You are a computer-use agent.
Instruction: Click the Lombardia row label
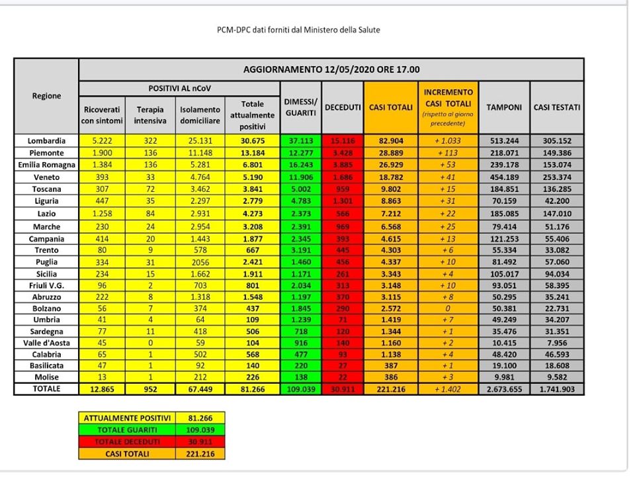[46, 141]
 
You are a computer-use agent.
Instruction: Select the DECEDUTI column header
[342, 107]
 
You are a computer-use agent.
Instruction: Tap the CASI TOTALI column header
[390, 107]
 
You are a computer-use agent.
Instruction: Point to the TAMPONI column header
[504, 107]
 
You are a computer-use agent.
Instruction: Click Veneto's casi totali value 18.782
[390, 177]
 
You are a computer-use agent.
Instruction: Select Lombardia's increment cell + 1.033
[446, 141]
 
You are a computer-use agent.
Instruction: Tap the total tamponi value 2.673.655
[504, 389]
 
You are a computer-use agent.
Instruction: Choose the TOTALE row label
[46, 389]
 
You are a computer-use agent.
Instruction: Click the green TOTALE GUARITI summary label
[127, 429]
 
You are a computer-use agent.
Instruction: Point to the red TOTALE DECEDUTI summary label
[127, 441]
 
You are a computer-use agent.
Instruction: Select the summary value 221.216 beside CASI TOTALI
[200, 454]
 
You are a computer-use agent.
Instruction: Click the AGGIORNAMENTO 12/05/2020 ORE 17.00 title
[331, 69]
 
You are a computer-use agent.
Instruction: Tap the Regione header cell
[46, 96]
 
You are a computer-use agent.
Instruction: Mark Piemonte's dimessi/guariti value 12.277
[300, 153]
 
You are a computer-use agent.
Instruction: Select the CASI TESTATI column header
[557, 107]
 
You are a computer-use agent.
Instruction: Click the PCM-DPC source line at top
[299, 30]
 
